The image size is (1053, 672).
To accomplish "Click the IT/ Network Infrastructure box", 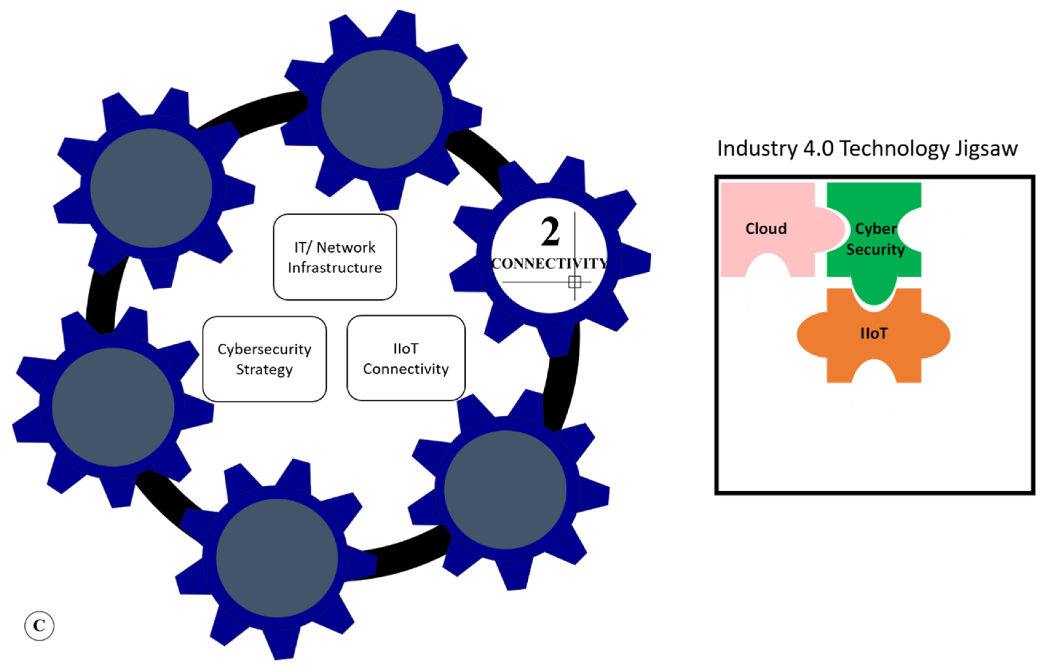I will (335, 257).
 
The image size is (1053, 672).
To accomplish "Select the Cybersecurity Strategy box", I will (265, 359).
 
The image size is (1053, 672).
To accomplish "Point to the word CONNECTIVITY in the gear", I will (549, 263).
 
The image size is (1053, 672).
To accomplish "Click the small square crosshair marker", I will (575, 282).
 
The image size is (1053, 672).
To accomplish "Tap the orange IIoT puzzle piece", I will (874, 335).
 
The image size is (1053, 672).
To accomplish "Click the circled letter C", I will (39, 626).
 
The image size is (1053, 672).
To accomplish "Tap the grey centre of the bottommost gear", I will (277, 558).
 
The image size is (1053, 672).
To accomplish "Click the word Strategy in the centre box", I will (265, 370).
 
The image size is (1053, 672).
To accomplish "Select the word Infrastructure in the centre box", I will (335, 268).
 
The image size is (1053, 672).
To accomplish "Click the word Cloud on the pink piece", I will (766, 229).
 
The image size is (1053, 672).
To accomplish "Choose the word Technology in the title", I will (894, 149).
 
